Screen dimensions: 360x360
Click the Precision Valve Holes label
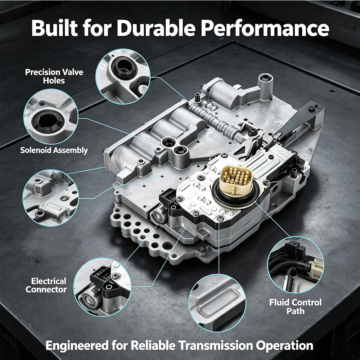pos(54,76)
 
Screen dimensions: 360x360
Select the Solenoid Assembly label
pos(54,150)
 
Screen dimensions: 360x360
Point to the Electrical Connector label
pos(46,285)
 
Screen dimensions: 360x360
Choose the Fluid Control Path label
pos(296,306)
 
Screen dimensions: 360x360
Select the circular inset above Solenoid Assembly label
pos(51,117)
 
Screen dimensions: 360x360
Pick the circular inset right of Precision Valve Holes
pos(123,76)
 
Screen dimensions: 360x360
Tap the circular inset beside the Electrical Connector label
pos(102,287)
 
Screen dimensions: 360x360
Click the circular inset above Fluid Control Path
pos(296,265)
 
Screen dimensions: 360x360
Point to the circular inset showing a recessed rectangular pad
pos(217,303)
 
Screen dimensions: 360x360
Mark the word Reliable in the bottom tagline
pos(154,345)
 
